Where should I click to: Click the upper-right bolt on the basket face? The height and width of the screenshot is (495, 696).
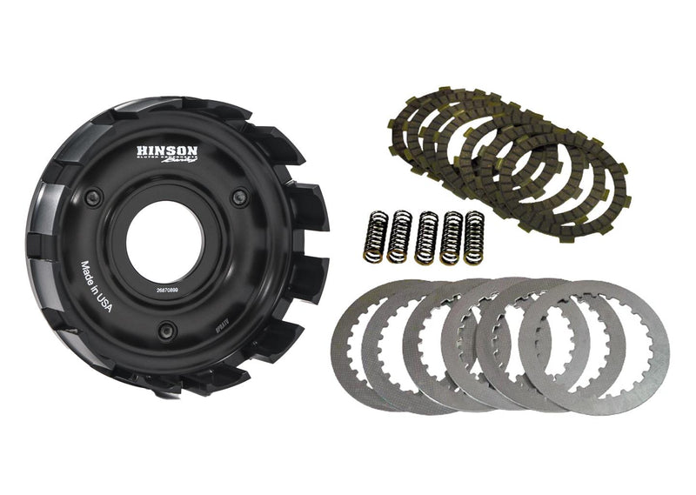coord(238,198)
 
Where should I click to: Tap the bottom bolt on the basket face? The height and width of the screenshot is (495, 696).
coord(167,329)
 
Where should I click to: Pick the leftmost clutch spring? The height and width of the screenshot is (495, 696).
coord(371,235)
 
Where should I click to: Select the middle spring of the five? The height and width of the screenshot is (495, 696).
coord(426,237)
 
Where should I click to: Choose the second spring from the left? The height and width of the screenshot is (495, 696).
coord(399,237)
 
